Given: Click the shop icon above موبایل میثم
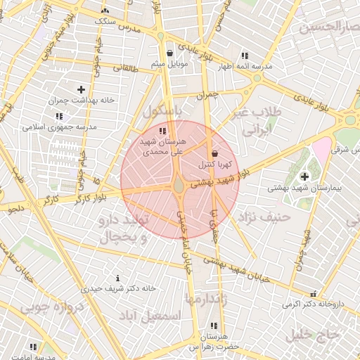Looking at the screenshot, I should click(x=170, y=53).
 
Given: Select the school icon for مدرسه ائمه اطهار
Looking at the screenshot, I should click(x=244, y=56).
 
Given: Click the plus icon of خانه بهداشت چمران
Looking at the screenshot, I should click(x=82, y=89).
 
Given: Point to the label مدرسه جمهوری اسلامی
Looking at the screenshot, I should click(x=53, y=127).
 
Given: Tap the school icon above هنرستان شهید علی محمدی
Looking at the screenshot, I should click(x=163, y=131).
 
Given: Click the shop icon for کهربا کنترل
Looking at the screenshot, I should click(x=214, y=153).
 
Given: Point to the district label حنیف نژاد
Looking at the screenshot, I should click(x=264, y=217).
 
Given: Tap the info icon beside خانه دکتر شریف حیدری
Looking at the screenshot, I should click(x=117, y=278).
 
